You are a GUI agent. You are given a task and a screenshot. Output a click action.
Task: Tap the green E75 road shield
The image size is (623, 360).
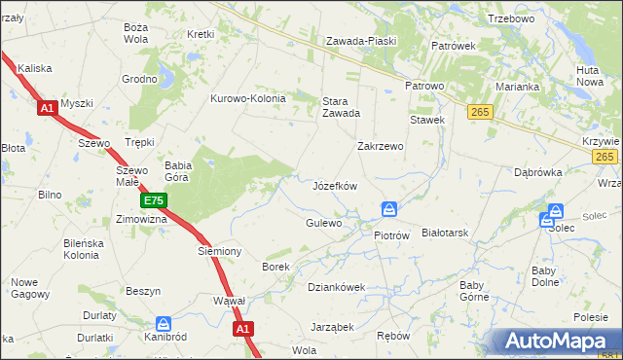tap(153, 201)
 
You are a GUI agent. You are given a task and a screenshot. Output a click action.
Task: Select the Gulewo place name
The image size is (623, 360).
tap(323, 224)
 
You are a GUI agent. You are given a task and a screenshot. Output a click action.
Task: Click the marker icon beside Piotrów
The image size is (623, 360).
tap(389, 210)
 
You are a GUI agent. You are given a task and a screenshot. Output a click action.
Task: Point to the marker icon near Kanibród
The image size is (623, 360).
tap(164, 323)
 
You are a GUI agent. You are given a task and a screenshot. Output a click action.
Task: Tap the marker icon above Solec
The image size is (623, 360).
tap(556, 210)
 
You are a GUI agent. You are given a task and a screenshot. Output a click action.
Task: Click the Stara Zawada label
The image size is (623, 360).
tap(342, 106)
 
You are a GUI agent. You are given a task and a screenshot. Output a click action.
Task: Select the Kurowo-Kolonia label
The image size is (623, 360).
tap(248, 98)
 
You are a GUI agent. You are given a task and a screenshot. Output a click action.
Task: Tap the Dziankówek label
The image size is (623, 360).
tap(336, 287)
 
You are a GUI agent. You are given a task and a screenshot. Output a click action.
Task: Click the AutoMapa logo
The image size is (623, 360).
tap(559, 342)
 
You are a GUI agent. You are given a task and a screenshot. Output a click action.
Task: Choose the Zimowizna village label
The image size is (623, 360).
tap(142, 220)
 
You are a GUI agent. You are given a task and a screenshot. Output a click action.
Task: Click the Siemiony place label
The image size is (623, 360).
tap(219, 251)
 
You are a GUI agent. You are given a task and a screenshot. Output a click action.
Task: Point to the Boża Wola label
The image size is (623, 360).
tap(136, 33)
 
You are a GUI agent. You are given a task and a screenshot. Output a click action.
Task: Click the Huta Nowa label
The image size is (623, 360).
tap(589, 76)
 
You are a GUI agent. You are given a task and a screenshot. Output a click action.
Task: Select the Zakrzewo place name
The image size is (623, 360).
tap(380, 146)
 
